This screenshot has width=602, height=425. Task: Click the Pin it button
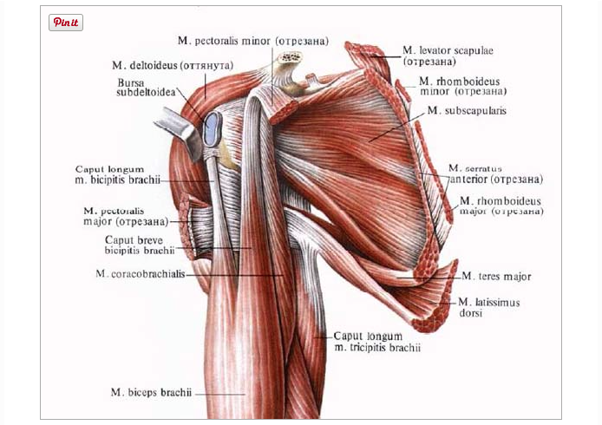pos(66,23)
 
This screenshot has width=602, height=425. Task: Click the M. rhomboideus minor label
pos(462,85)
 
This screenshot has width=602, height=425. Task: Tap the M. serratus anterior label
pos(494,173)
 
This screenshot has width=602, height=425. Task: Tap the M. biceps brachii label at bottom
pos(151,392)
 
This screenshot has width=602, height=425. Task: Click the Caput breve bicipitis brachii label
pos(139,245)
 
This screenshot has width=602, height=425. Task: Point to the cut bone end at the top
pos(290,58)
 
